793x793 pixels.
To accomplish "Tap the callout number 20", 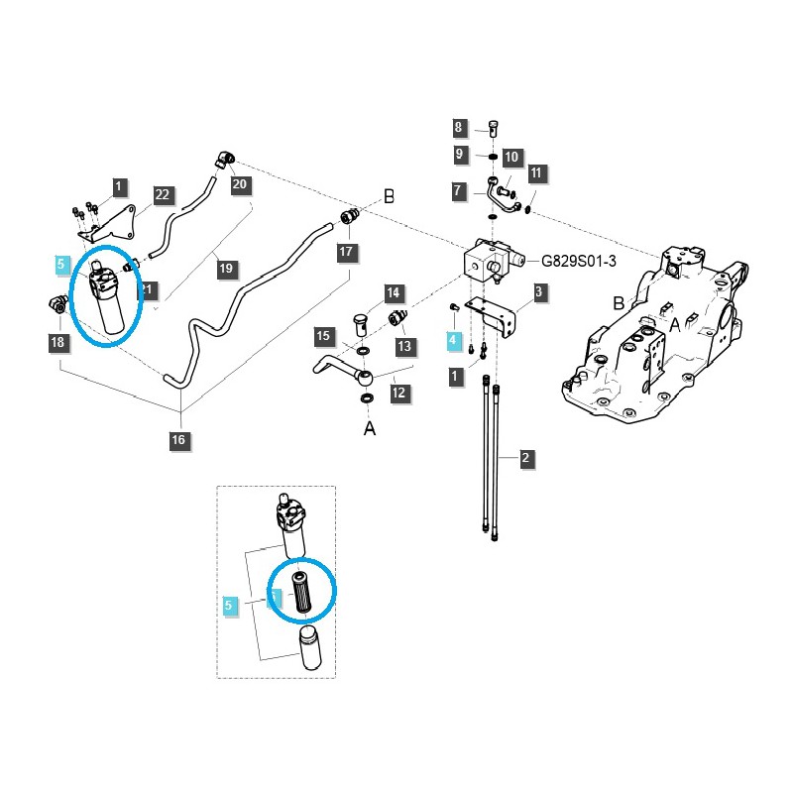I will point(239,183).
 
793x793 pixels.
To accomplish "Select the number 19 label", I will point(225,268).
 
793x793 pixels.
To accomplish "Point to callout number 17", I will point(346,252).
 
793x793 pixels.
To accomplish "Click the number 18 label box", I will point(57,342).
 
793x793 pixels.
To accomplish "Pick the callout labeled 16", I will point(178,439).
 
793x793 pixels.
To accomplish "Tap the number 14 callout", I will point(394,292).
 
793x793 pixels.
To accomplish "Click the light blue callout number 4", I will point(453,340).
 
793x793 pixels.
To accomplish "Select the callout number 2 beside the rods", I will point(526,458).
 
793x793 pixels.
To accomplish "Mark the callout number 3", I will point(538,291).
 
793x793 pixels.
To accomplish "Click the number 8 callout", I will point(459,128).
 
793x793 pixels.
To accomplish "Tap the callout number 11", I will point(536,172).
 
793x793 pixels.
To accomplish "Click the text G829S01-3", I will point(578,262).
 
